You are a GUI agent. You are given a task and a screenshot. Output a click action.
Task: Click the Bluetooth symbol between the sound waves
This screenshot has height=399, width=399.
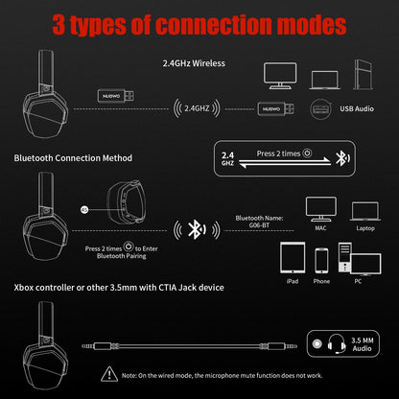pyautogui.click(x=196, y=230)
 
